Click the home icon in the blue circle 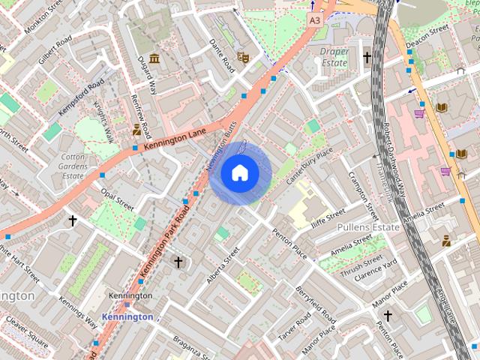tap(239, 173)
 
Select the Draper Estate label tap(334, 58)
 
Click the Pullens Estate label tap(368, 226)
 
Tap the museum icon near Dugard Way tap(154, 58)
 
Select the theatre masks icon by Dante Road tap(242, 56)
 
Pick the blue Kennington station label tap(127, 317)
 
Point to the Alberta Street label tap(222, 265)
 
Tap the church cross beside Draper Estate tap(367, 57)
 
